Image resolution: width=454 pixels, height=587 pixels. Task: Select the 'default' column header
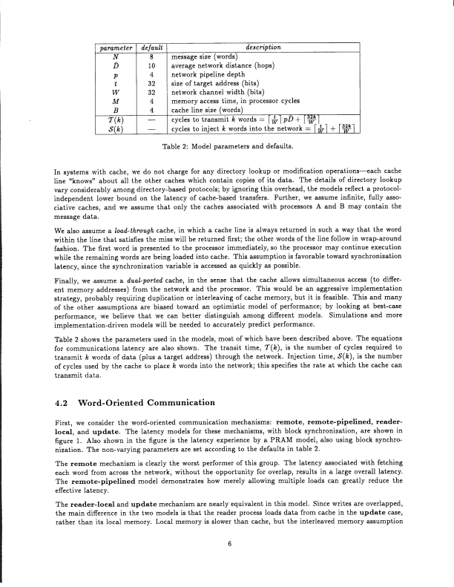[x=151, y=47]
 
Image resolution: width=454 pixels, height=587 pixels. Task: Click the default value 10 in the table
[x=151, y=65]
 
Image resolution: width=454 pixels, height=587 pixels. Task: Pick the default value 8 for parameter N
[x=151, y=56]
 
